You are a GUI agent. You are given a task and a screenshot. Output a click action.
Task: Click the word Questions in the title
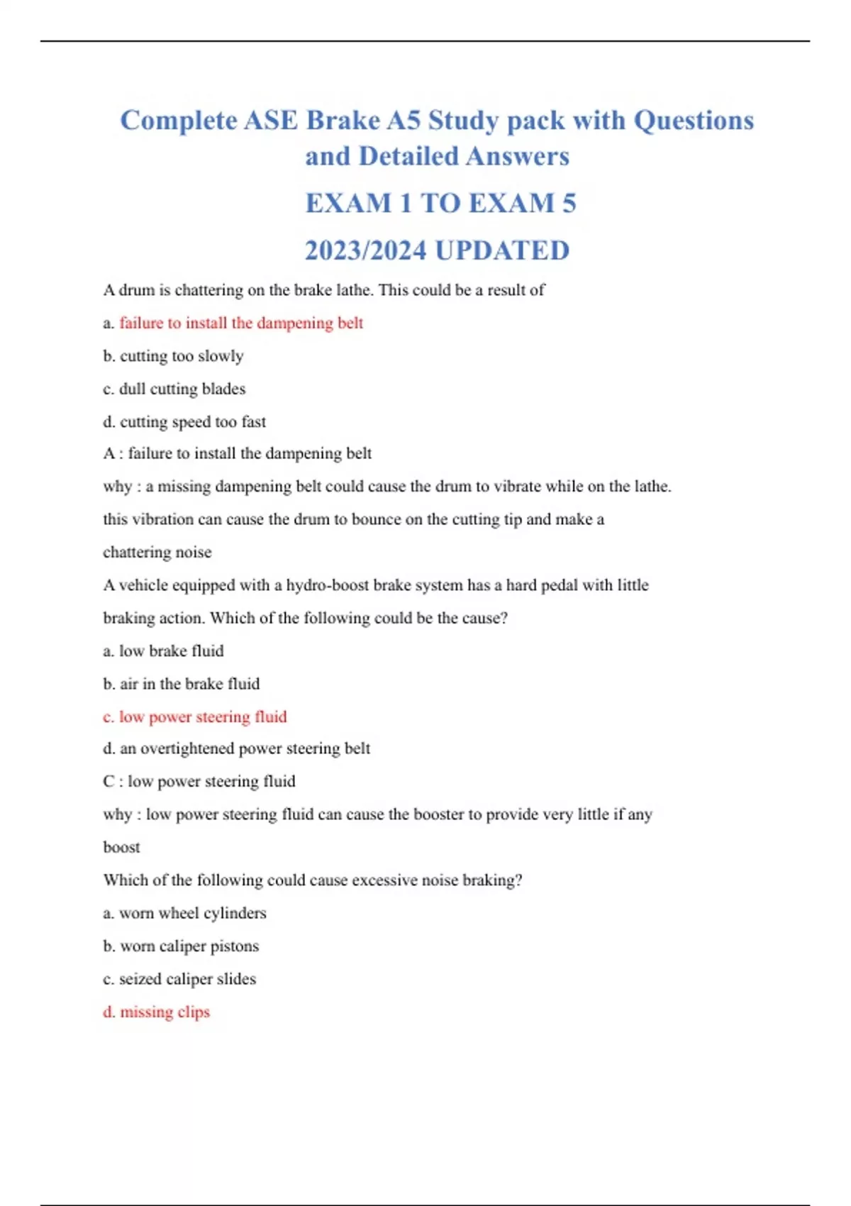693,121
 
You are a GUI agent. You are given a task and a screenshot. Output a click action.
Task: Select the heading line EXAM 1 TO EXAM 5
440,204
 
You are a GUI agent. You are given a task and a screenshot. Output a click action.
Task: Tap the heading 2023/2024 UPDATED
437,250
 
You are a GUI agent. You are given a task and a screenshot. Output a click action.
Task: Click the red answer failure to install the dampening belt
241,323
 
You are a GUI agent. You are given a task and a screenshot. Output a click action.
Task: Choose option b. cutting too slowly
173,356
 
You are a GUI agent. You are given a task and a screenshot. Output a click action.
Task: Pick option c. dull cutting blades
174,389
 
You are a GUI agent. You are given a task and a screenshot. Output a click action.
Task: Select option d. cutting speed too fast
184,422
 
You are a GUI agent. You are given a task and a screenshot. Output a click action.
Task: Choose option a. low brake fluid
163,651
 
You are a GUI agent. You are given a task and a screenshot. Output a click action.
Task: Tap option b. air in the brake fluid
181,684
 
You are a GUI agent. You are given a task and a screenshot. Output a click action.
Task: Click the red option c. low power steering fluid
195,717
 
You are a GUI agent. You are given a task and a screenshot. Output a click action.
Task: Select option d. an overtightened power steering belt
236,748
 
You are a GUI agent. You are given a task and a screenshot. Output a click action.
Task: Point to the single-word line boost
121,847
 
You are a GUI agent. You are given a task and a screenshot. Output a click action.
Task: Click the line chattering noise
157,553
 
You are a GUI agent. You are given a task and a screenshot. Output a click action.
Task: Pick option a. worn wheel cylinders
184,913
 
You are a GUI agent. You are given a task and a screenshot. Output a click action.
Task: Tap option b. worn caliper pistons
181,946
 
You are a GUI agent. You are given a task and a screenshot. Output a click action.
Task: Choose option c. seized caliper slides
179,979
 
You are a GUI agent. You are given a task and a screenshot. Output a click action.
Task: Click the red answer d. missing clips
156,1012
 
